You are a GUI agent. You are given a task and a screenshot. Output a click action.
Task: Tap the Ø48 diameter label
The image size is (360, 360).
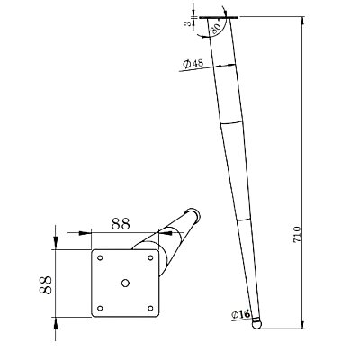[192, 65]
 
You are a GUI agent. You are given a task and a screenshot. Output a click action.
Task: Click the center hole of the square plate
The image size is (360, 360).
[124, 283]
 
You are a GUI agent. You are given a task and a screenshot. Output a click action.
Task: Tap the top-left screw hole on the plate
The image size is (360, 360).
[101, 258]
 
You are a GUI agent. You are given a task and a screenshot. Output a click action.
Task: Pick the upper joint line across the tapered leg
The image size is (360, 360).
[232, 122]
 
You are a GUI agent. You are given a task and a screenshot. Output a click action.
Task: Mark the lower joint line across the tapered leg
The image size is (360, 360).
[245, 218]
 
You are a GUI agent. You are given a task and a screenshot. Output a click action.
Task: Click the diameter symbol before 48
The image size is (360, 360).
[184, 65]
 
